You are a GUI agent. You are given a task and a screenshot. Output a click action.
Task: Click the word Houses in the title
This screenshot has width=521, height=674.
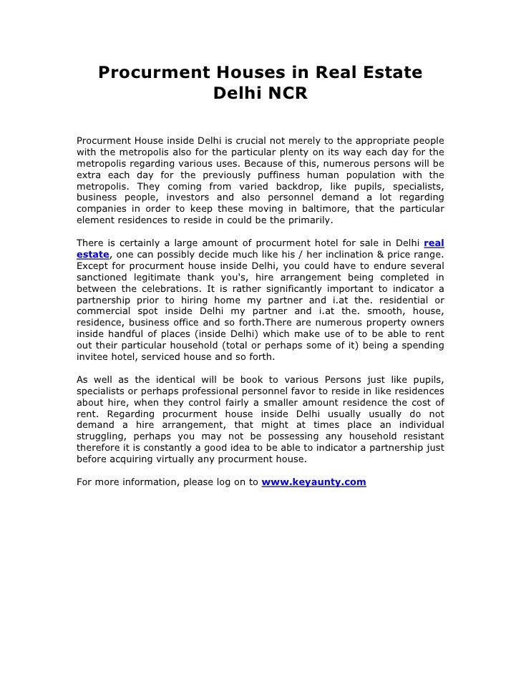coord(243,72)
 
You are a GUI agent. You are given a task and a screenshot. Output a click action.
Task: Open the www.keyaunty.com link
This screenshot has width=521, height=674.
coord(314,482)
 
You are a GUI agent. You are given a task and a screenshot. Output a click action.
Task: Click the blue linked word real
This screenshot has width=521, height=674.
coord(434,243)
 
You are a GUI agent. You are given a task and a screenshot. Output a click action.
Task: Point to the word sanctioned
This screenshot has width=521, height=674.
coord(104,277)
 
